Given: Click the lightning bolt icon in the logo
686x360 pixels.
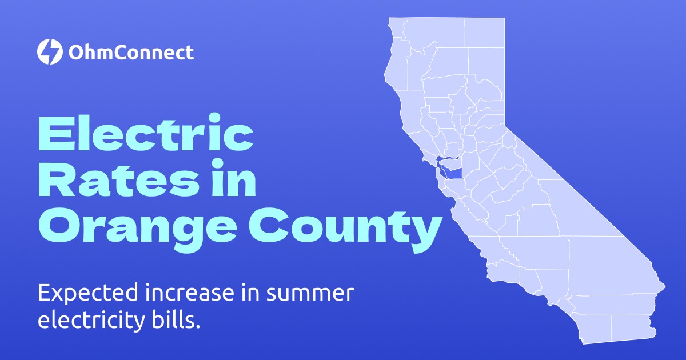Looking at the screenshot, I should click(x=49, y=53).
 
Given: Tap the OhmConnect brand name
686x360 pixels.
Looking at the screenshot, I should click(x=131, y=53).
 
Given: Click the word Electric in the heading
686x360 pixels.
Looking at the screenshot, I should click(x=146, y=133).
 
